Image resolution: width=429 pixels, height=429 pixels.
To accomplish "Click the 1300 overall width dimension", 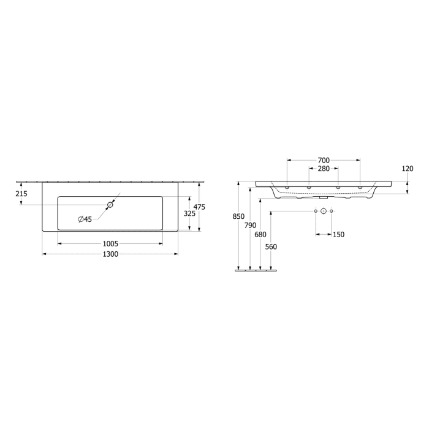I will (110, 254).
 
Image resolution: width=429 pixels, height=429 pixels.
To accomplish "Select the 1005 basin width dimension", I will (110, 243).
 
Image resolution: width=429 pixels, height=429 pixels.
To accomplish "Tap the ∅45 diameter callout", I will (85, 219).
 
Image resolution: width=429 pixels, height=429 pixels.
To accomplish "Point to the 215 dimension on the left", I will (21, 194).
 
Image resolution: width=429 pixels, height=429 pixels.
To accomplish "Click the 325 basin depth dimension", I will (189, 214).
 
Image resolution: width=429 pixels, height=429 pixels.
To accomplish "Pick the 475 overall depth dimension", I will (199, 207).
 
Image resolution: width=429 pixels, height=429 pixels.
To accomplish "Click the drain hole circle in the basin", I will (110, 205).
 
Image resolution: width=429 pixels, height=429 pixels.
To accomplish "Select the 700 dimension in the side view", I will (323, 160).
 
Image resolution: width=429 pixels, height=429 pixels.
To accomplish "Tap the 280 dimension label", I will (323, 169).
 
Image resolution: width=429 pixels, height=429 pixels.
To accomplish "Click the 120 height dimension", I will (407, 169).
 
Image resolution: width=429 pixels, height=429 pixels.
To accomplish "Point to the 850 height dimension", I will (239, 216).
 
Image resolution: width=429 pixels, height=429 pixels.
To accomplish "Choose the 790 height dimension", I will (250, 225).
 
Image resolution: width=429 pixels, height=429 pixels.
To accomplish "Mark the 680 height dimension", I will (260, 234).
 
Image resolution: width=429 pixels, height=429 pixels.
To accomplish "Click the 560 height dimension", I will (271, 247).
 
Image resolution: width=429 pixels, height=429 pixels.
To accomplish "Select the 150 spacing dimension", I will (338, 235).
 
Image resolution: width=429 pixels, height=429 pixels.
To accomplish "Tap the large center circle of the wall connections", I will (324, 211).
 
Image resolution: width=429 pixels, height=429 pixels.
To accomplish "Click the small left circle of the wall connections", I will (316, 211).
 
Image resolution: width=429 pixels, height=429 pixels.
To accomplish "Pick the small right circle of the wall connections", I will (332, 211).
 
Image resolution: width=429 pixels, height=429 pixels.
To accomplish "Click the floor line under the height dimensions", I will (255, 270).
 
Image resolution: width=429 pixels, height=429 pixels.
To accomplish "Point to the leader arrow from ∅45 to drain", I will (102, 211).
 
